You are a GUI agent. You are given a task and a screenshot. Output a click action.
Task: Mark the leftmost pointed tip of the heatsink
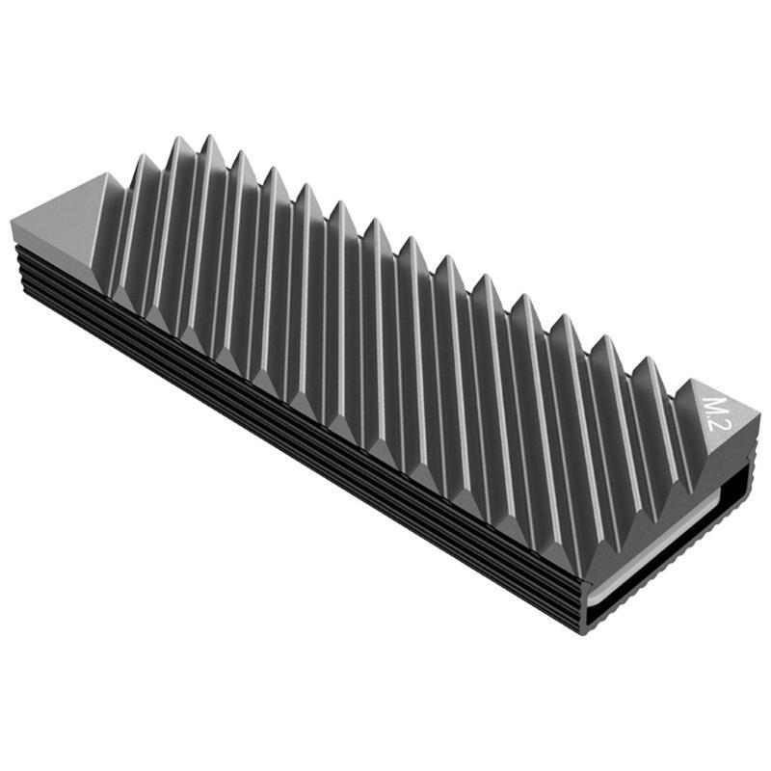coord(12,224)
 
